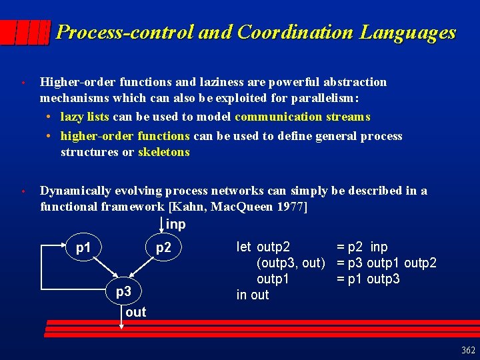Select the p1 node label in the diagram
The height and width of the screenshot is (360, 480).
coord(83,248)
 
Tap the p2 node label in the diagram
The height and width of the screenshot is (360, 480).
coord(163,248)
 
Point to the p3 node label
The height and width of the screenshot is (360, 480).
coord(123,291)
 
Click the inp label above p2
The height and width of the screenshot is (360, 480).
coord(175,225)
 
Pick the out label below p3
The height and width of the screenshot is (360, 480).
coord(135,312)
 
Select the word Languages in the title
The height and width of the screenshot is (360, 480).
coord(408,32)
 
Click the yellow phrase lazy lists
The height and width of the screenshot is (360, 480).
coord(85,117)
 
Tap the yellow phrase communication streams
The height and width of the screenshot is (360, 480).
coord(302,117)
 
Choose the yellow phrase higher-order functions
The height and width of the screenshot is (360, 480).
coord(125,136)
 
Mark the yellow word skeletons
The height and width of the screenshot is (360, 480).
coord(164,152)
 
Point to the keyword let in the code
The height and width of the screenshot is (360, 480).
coord(244,247)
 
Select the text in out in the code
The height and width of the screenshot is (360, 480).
coord(253,295)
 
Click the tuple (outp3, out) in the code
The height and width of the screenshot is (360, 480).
coord(291,263)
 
